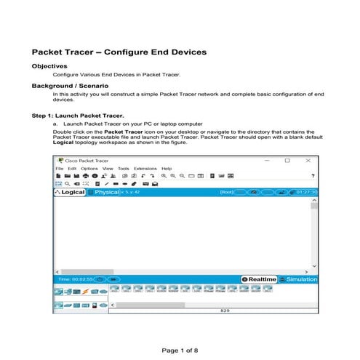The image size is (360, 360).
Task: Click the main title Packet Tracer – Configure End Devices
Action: [x=119, y=52]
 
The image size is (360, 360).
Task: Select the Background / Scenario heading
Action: [x=70, y=85]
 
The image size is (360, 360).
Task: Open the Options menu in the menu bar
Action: [x=89, y=168]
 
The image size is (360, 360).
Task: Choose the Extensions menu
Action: [x=145, y=168]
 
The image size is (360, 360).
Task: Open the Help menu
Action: [x=167, y=168]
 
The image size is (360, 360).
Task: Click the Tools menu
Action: [x=123, y=168]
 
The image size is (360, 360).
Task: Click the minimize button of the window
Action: [x=263, y=160]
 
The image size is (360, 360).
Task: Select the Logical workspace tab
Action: [x=73, y=193]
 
